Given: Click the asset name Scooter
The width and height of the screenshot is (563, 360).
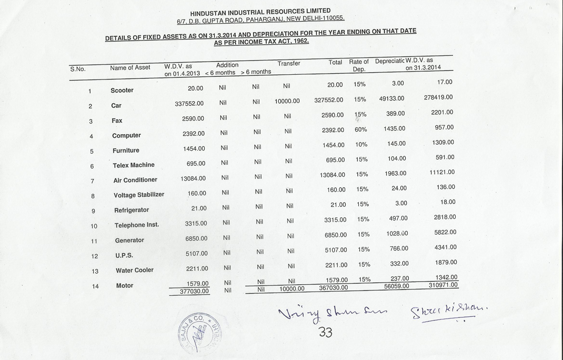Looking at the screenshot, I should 122,91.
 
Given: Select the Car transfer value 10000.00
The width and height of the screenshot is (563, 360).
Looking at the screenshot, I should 287,101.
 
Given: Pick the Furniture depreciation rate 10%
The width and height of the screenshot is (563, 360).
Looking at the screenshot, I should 361,144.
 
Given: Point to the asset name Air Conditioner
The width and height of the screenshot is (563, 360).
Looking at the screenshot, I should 135,180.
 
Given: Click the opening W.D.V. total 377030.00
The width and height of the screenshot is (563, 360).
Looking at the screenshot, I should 194,291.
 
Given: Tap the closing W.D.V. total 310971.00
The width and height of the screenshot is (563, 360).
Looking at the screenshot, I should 444,285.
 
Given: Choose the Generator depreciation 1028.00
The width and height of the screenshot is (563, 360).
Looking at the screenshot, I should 397,234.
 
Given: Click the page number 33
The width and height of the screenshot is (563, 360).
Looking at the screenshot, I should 325,332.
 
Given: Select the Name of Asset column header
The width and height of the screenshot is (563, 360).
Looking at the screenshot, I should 130,67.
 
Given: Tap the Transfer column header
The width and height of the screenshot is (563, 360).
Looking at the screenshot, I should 289,64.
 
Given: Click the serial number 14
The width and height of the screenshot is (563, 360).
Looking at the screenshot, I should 95,286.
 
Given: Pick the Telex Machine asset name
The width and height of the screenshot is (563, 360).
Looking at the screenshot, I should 134,165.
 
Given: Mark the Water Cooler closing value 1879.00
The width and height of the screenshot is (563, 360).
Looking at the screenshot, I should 446,262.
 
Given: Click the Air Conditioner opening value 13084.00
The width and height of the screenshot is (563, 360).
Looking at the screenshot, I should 193,178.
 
